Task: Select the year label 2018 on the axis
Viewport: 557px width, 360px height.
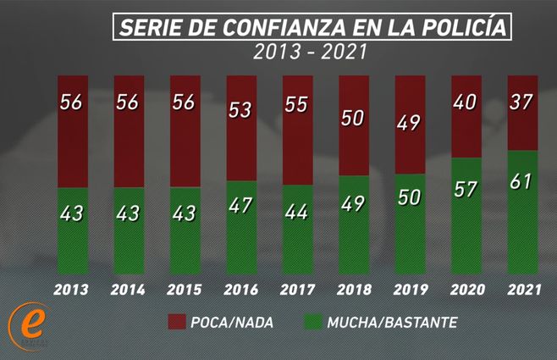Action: point(354,289)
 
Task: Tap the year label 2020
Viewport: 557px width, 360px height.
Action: point(466,289)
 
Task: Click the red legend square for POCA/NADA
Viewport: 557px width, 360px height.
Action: point(177,322)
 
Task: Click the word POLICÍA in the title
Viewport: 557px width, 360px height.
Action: point(462,27)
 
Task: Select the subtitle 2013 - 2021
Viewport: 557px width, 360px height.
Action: point(310,53)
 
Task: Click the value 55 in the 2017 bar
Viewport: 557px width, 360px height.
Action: point(298,105)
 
